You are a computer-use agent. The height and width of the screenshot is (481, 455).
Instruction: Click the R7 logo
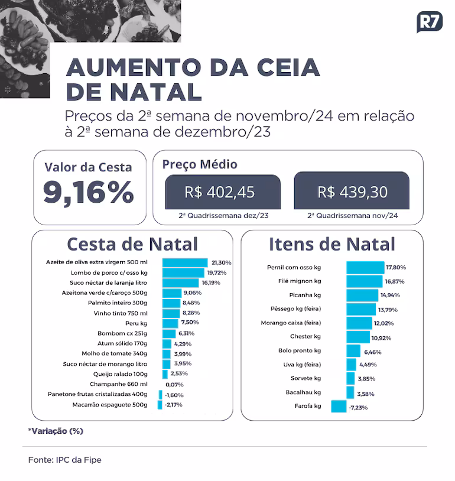(x=430, y=22)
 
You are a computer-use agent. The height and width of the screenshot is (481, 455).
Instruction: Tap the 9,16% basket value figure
(x=89, y=192)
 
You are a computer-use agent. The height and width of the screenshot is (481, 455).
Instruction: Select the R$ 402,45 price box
(x=223, y=192)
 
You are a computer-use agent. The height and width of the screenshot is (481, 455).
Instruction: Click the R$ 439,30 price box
(x=352, y=191)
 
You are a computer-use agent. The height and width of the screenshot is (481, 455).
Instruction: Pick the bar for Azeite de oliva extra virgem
(x=185, y=262)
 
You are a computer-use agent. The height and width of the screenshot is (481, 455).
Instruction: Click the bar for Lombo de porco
(x=183, y=273)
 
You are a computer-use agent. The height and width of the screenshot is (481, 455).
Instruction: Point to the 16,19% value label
(x=211, y=283)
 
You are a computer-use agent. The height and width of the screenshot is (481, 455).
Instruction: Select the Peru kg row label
(x=136, y=323)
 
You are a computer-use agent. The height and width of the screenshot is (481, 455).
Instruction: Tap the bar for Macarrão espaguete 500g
(x=160, y=405)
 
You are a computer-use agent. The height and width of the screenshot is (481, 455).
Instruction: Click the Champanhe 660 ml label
(x=118, y=384)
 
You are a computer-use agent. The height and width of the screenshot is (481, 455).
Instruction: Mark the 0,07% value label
(x=174, y=385)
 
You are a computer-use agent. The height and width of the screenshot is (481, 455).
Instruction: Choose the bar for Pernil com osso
(x=365, y=268)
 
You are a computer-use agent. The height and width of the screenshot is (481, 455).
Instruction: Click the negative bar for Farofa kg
(x=339, y=406)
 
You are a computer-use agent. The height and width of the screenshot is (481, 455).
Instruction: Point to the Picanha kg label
(x=305, y=295)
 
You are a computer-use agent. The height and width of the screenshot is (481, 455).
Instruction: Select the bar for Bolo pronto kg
(x=353, y=351)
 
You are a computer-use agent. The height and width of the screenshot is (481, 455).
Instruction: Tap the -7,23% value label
(x=358, y=408)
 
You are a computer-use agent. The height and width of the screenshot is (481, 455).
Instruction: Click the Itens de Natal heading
(x=332, y=244)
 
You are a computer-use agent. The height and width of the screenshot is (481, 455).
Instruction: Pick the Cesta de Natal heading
(x=132, y=244)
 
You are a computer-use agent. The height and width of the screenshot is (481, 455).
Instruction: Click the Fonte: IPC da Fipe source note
(x=65, y=460)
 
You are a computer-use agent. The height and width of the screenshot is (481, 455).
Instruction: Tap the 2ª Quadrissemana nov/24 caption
(x=353, y=216)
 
